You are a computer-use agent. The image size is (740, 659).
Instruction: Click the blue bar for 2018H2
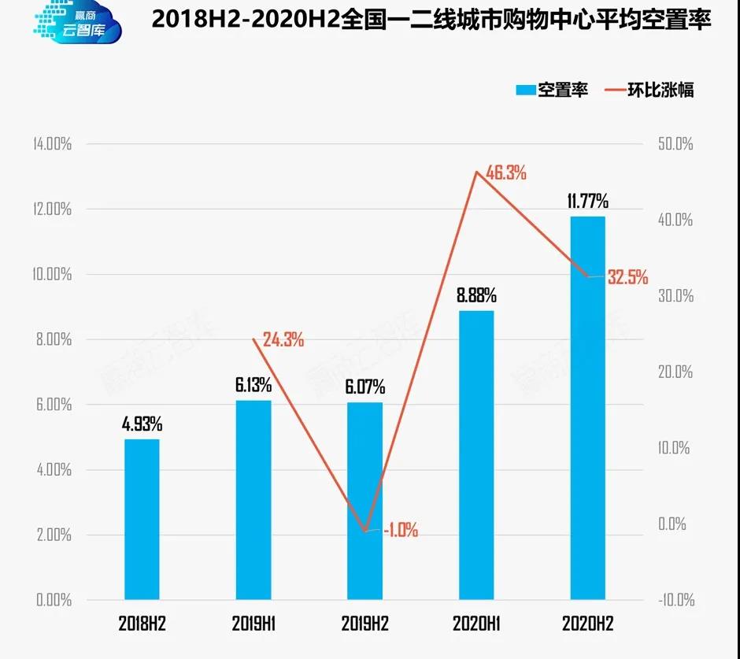142,520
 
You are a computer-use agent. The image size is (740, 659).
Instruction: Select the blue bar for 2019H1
253,500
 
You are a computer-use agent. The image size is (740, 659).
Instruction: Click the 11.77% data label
588,201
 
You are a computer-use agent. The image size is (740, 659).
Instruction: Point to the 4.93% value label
142,424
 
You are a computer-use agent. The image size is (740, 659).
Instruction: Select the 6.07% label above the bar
364,387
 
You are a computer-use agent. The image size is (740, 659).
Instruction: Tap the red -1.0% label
400,531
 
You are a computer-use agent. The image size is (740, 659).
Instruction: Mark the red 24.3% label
283,340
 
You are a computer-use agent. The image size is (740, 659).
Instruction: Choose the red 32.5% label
627,277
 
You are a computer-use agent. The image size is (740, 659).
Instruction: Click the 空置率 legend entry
551,90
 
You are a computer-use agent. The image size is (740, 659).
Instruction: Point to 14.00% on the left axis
53,144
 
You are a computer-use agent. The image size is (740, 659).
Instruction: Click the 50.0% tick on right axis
675,144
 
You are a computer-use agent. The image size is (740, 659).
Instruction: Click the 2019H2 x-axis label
364,624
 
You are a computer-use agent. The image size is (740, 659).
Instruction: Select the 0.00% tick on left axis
54,600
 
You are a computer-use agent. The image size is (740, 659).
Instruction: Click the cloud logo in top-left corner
77,24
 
